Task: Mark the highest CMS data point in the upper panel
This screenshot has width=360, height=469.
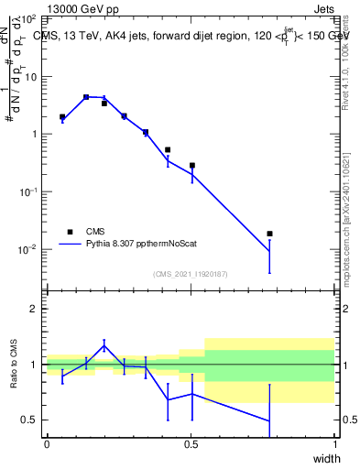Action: coord(86,96)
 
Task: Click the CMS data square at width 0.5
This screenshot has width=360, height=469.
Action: coord(192,166)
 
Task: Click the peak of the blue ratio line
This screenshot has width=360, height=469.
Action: coord(104,344)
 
